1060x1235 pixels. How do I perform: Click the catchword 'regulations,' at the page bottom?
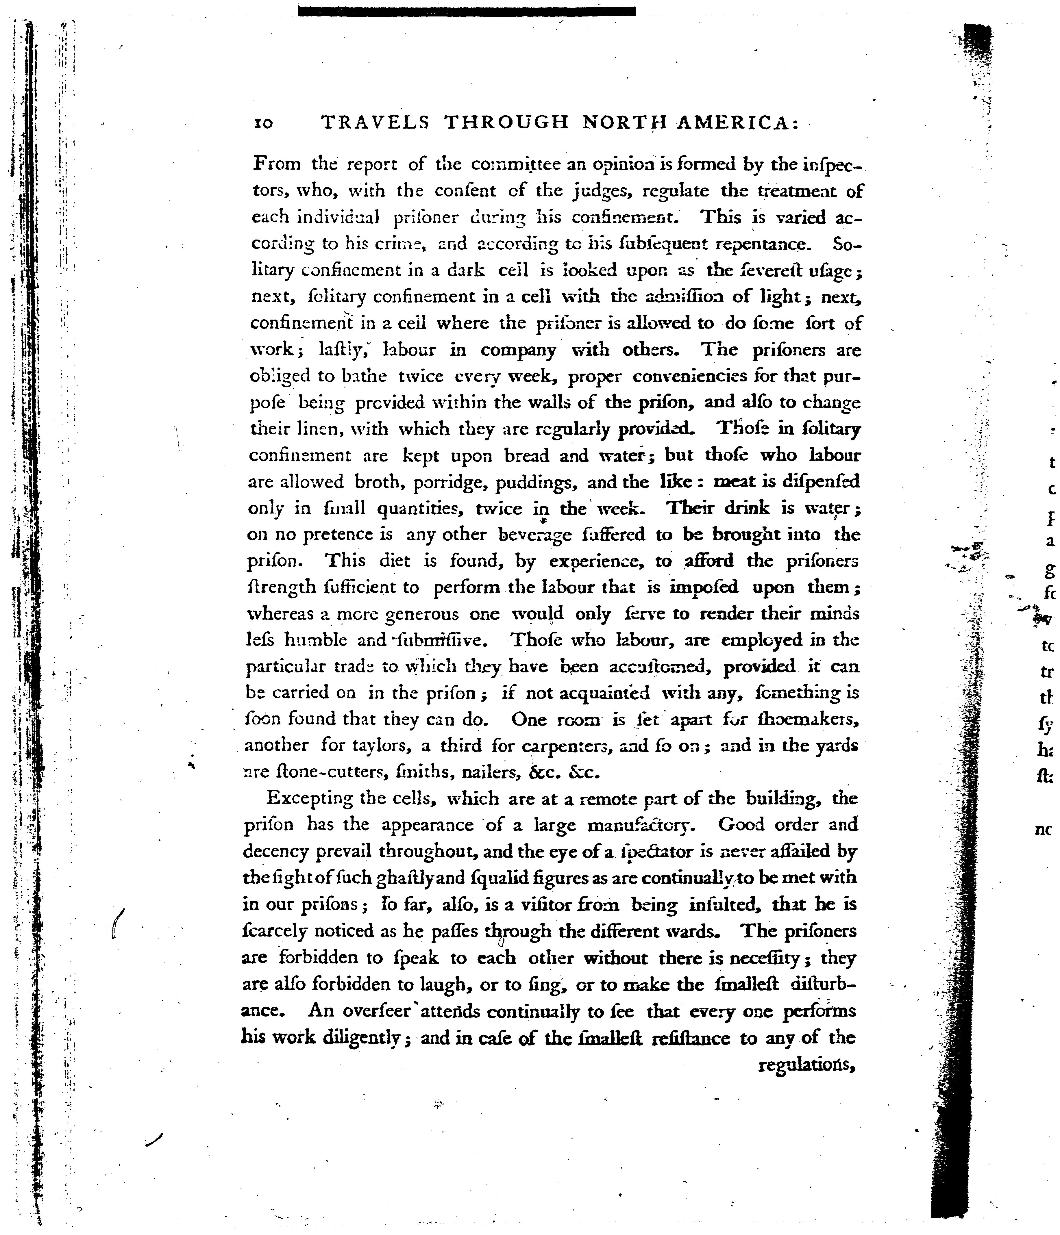[806, 1065]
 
